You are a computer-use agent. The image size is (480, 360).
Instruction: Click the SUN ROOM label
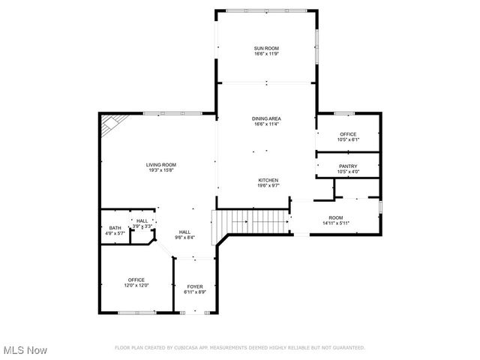tap(266, 48)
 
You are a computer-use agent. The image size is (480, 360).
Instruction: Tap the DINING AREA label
tap(266, 118)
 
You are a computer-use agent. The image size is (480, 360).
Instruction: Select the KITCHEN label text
tap(268, 180)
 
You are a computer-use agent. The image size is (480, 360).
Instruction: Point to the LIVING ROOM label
tap(160, 165)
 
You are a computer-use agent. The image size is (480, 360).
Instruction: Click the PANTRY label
tap(348, 166)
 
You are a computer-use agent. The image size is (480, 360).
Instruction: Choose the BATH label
tap(115, 228)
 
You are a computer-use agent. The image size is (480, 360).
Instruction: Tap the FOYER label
tap(194, 286)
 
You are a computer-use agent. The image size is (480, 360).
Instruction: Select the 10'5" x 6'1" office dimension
tap(348, 140)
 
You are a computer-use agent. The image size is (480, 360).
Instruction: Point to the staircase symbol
tap(250, 223)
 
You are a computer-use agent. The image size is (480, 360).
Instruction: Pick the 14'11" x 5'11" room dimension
tap(336, 223)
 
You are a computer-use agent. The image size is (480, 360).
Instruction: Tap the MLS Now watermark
tap(25, 350)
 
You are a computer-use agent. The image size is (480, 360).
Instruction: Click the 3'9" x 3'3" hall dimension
tap(142, 226)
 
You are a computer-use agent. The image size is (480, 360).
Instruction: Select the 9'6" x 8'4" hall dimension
tap(184, 238)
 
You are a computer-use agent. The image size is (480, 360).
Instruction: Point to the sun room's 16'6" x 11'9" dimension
tap(266, 54)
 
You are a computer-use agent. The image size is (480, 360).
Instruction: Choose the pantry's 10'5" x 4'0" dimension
tap(348, 172)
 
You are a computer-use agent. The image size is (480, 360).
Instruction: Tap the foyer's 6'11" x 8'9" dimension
tap(194, 292)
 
